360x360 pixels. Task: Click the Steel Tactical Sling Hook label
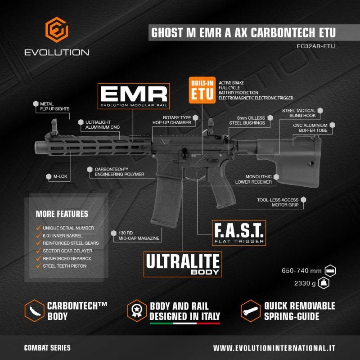(x=302, y=113)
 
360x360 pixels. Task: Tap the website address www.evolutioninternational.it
(x=274, y=348)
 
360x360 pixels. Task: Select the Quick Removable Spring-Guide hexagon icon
(x=251, y=311)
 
